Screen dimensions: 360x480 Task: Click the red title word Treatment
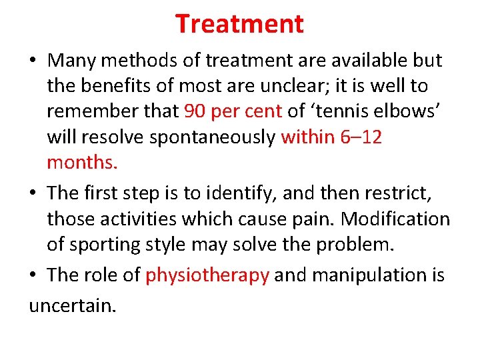(x=239, y=24)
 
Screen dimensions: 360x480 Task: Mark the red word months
(x=82, y=163)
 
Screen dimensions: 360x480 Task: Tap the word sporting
(x=99, y=244)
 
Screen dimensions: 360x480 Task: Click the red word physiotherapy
(x=207, y=275)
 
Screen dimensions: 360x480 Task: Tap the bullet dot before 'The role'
(x=33, y=275)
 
